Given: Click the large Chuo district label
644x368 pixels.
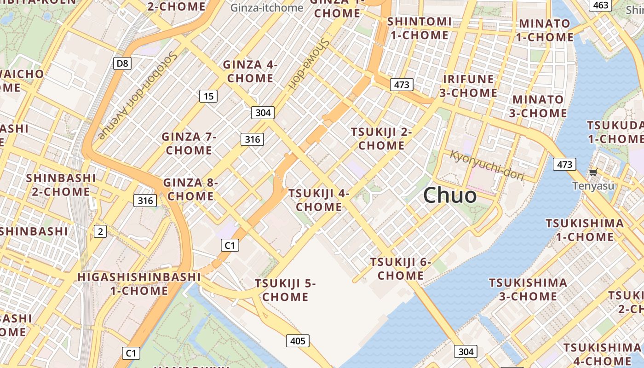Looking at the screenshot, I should coord(450,195).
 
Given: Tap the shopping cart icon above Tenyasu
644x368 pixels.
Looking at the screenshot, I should coord(593,172).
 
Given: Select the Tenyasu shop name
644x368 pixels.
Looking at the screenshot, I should coord(593,186).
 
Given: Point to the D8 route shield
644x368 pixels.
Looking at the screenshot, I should coord(122,63).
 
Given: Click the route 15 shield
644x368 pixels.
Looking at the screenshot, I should coord(208,96).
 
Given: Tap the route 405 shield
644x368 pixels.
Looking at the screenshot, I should coord(298,341).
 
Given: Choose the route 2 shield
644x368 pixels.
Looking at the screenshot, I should coord(100,231).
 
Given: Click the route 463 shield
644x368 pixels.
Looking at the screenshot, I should coord(601,5).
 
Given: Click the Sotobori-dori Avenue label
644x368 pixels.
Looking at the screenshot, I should coord(138,95).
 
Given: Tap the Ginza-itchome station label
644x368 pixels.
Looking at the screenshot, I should coord(267,8).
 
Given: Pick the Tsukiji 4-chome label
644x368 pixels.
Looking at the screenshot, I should coord(319,200).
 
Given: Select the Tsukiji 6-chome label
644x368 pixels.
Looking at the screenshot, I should coord(401,269).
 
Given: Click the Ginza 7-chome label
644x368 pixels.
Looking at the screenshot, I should coord(189,144).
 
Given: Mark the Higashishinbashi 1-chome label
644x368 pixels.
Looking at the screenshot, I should coord(139,284).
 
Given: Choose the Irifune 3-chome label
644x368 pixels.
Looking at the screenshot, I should coord(468,86).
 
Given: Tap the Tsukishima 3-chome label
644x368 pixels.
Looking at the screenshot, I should coord(528,289).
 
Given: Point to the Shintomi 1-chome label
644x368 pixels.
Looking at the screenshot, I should coord(419,28).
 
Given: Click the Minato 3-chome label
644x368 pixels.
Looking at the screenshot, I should coord(538,106).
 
